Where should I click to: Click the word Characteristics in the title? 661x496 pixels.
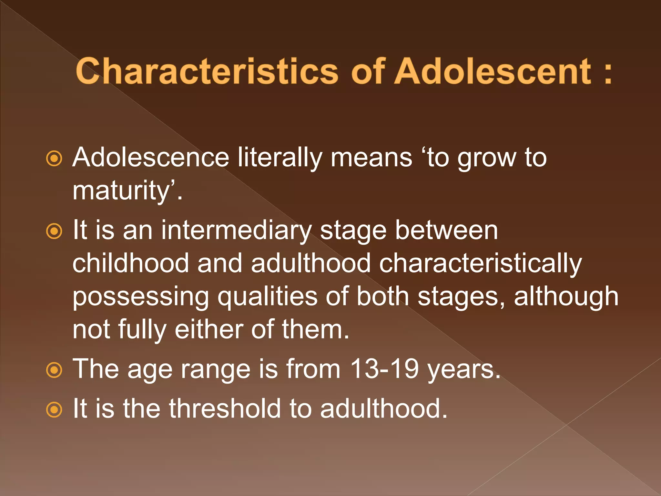[207, 72]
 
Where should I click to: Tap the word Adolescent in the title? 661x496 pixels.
[494, 72]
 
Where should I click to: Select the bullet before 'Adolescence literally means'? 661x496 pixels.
[54, 159]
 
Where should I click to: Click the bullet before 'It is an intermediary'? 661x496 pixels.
[54, 231]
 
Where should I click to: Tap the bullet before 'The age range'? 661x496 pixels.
[54, 370]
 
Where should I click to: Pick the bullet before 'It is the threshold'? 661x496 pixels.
[54, 410]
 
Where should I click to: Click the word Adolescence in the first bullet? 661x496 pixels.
[151, 158]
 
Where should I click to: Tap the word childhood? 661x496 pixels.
[130, 263]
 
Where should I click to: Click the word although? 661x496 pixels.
[566, 296]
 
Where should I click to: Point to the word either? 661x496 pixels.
[209, 329]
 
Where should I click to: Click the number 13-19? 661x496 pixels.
[384, 369]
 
